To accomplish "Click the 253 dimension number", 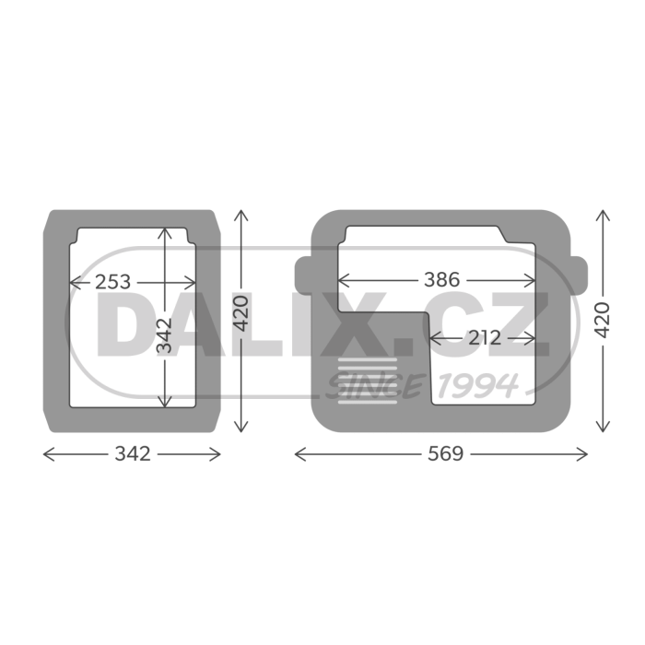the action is coord(112,282).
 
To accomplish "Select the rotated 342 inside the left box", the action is coord(165,335).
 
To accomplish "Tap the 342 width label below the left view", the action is coord(133,454).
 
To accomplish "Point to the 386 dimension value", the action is coord(441,280).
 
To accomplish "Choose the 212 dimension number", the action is coord(485,338).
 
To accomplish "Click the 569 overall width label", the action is coord(445,454).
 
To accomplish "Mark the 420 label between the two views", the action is coord(241,313).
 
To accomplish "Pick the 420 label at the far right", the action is coord(603,320).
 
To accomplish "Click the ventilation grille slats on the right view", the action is coord(368,381).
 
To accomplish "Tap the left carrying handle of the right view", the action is coord(303,275).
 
